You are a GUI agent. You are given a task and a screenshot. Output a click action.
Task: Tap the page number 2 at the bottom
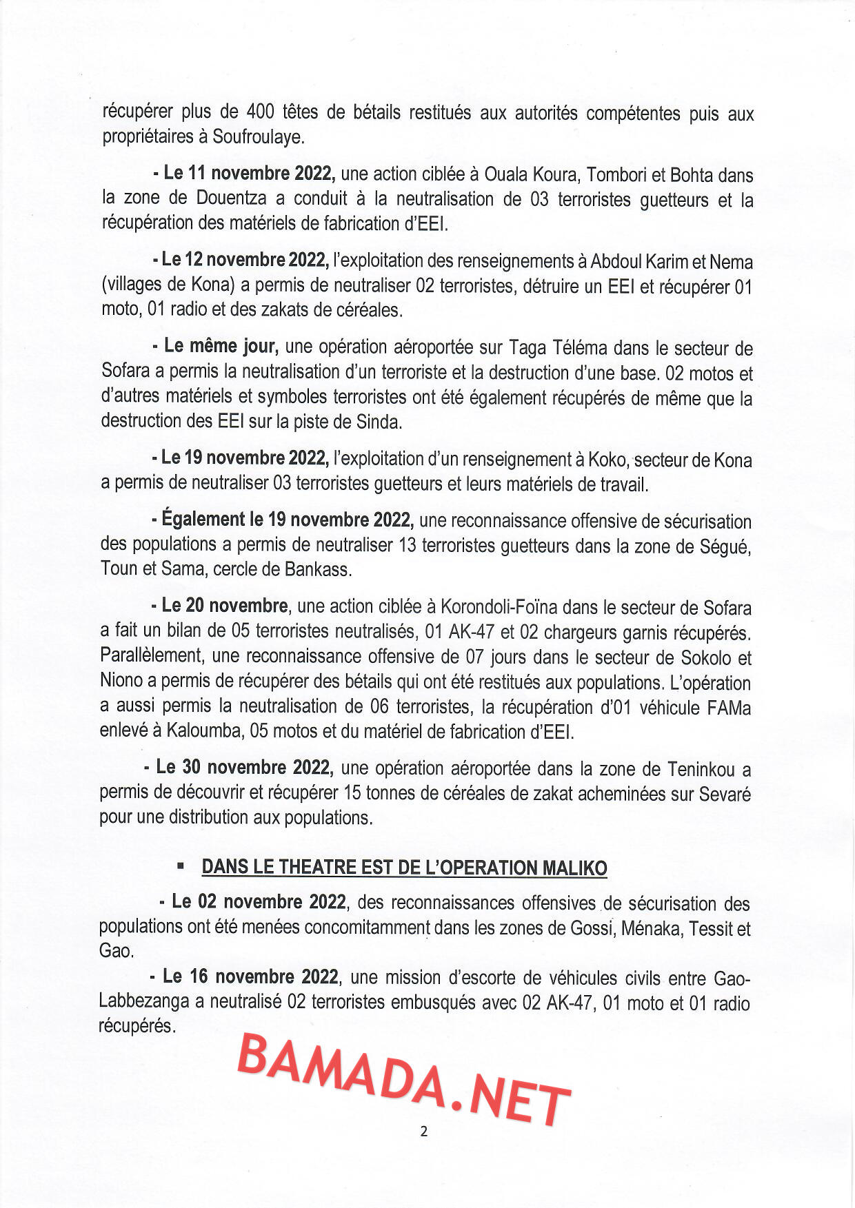[423, 1131]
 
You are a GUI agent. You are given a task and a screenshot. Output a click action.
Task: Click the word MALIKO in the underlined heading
[574, 868]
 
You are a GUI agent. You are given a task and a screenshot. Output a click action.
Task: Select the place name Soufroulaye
[256, 136]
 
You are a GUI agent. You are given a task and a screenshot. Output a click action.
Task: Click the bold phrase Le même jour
[221, 346]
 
